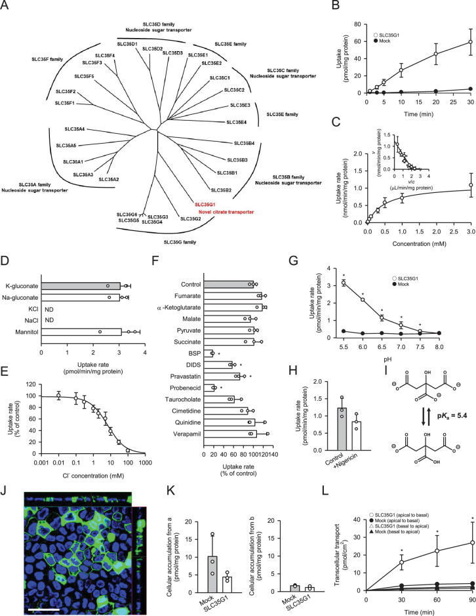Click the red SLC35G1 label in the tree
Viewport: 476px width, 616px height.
coord(205,205)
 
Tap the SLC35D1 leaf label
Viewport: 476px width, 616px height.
coord(127,43)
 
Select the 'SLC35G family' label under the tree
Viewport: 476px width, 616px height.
coord(180,242)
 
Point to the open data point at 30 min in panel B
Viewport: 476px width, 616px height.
coord(471,42)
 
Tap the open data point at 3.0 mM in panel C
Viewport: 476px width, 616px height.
coord(471,185)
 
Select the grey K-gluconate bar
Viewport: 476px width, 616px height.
coord(81,286)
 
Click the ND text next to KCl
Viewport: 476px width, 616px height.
coord(49,309)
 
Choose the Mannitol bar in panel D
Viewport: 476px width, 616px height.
coord(82,332)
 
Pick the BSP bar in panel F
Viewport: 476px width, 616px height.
coord(208,354)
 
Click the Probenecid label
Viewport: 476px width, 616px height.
coord(186,388)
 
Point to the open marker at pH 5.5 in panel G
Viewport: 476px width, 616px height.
coord(344,283)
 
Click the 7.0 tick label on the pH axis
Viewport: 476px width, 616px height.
coord(401,347)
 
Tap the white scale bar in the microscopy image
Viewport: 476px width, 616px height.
coord(43,609)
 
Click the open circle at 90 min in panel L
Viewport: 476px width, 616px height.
coord(472,543)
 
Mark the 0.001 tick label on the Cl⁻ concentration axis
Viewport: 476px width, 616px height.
coord(41,462)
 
